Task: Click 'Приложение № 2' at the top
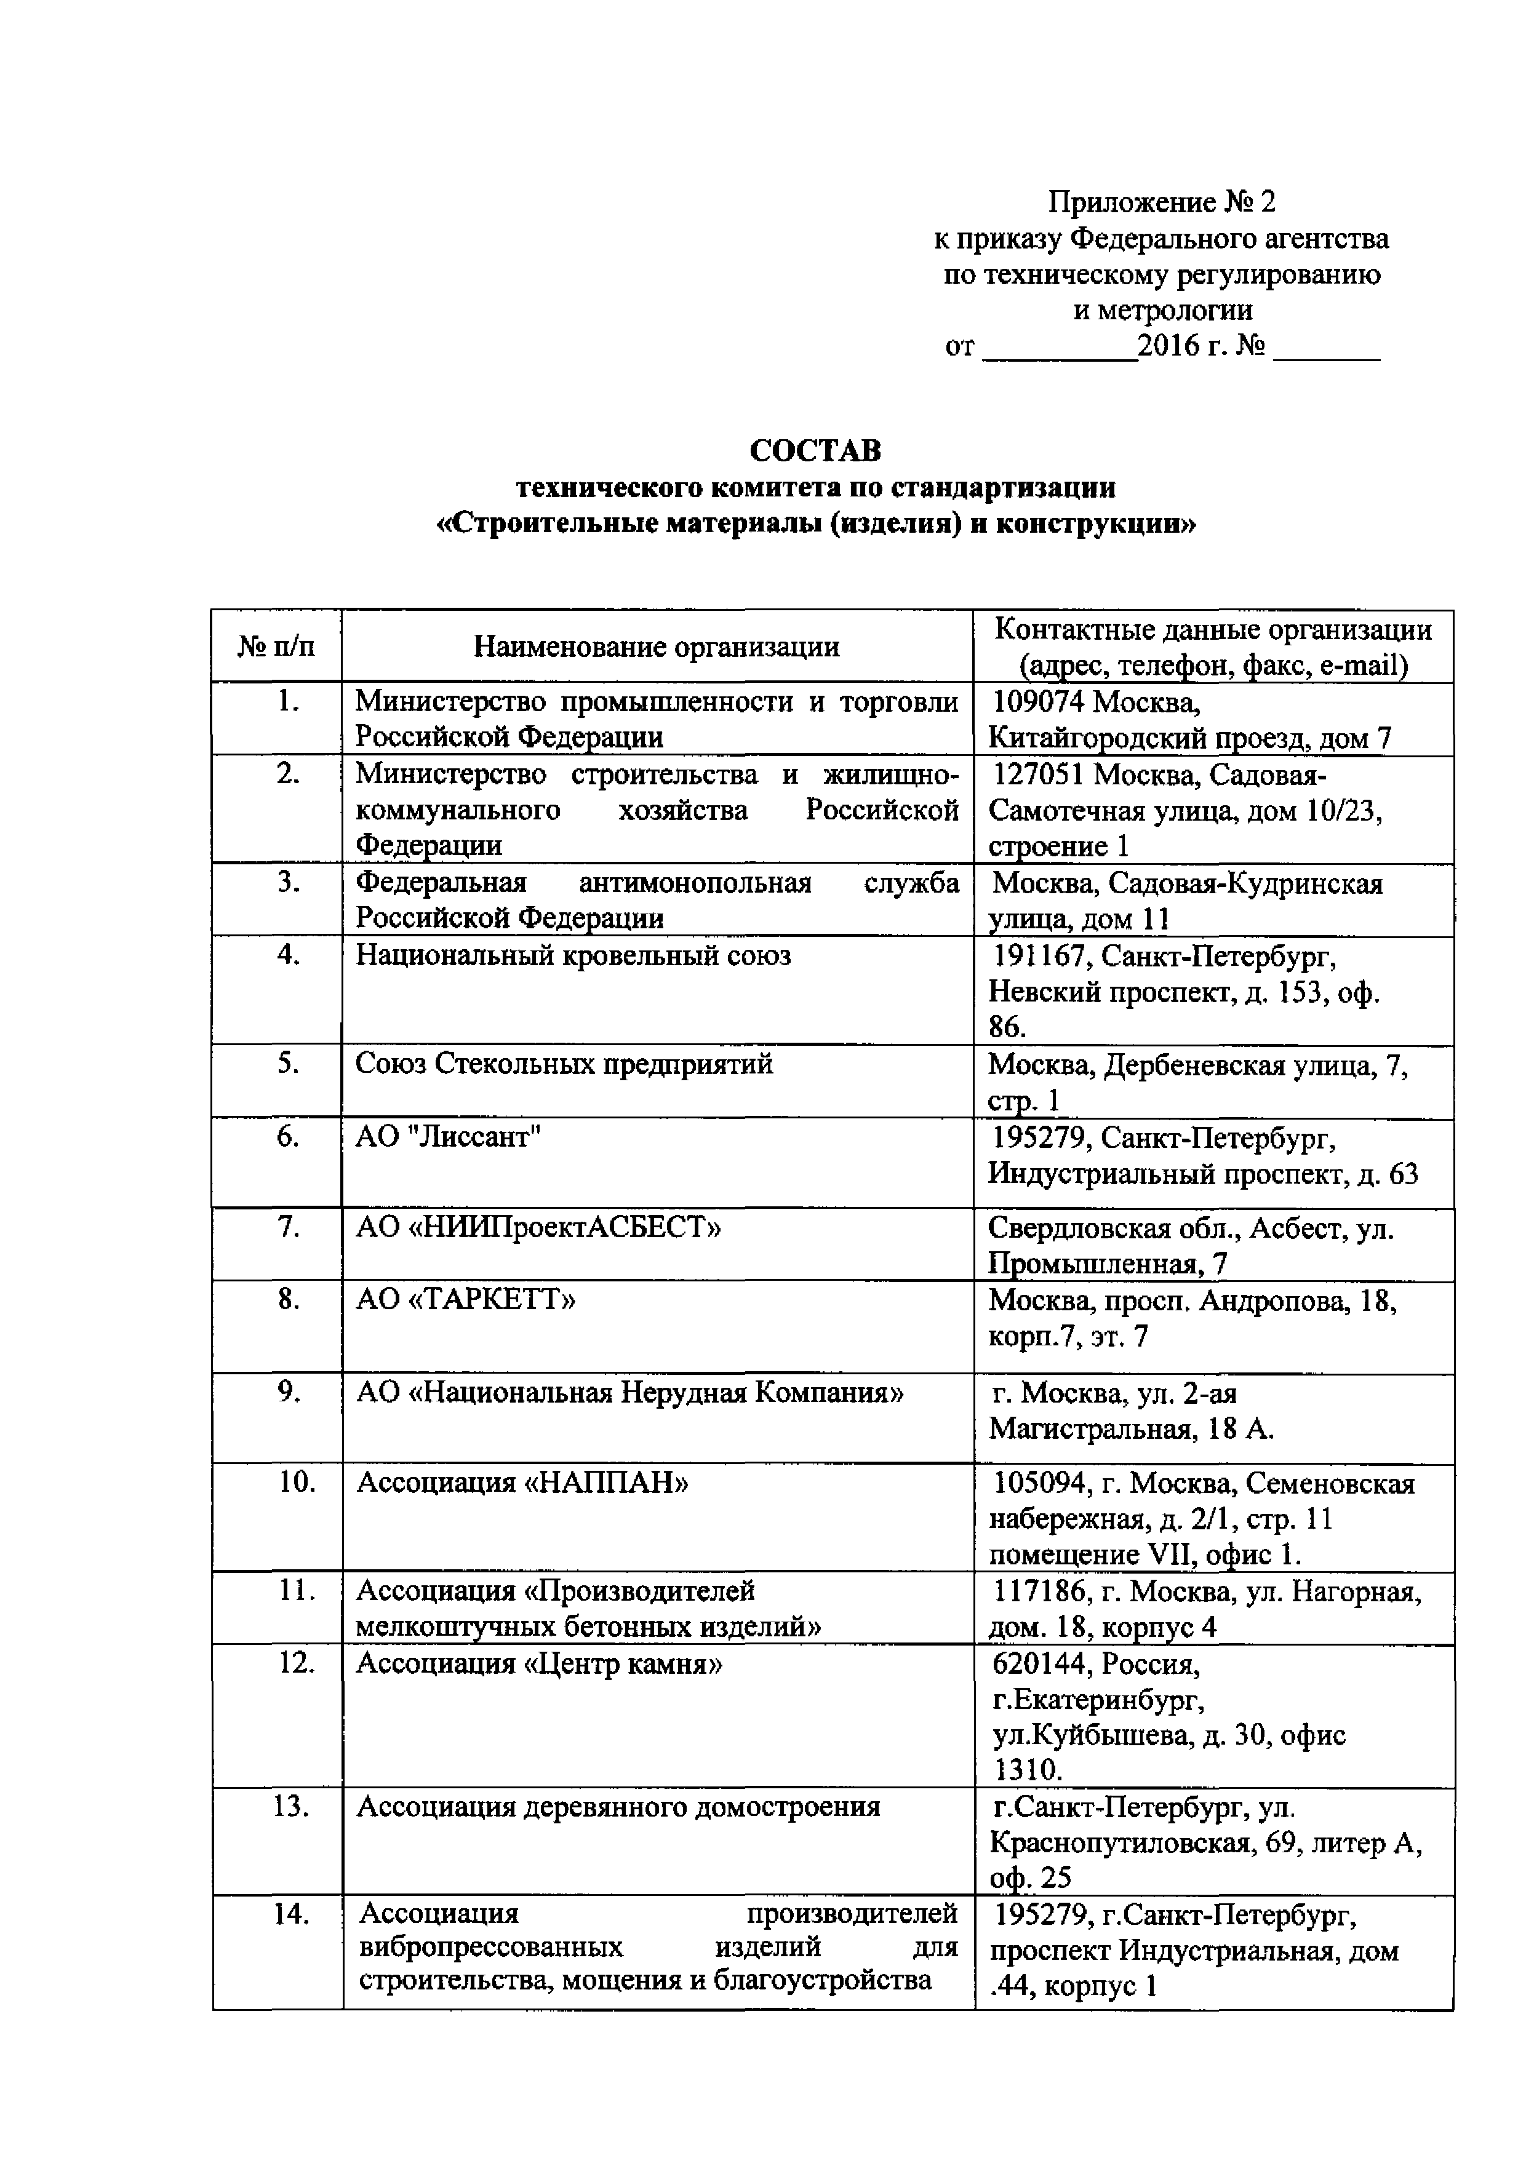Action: [1162, 202]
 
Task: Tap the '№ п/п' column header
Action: [276, 647]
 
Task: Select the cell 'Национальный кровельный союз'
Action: [573, 956]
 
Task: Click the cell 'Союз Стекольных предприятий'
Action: [564, 1064]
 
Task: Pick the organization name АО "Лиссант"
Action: [449, 1137]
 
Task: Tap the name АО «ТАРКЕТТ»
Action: [465, 1300]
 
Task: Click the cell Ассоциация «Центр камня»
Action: [540, 1665]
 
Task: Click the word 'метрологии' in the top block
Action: [1162, 310]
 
